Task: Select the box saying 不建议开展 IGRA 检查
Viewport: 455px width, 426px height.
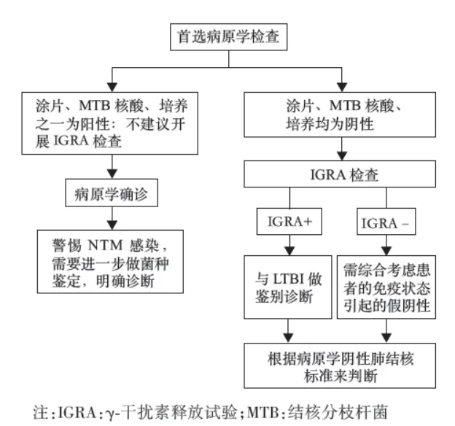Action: click(109, 122)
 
